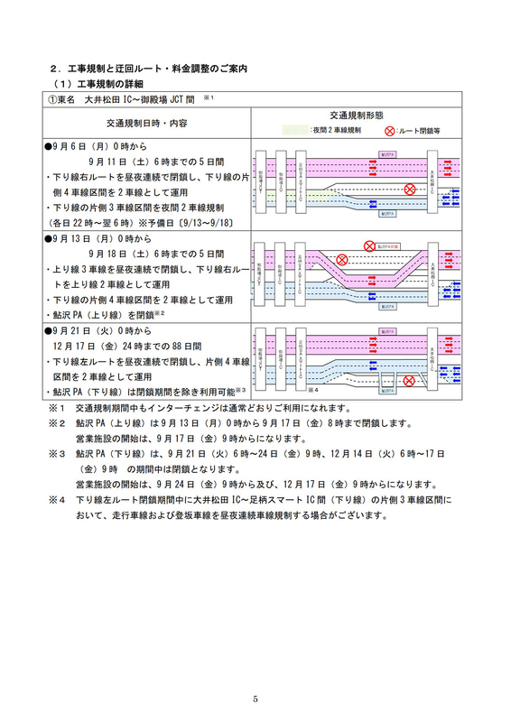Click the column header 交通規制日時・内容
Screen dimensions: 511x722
(145, 123)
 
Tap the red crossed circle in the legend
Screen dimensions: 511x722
(389, 130)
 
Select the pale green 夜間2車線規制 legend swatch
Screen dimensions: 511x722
(294, 130)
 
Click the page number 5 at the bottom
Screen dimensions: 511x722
(255, 699)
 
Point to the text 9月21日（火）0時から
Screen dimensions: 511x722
(100, 331)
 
